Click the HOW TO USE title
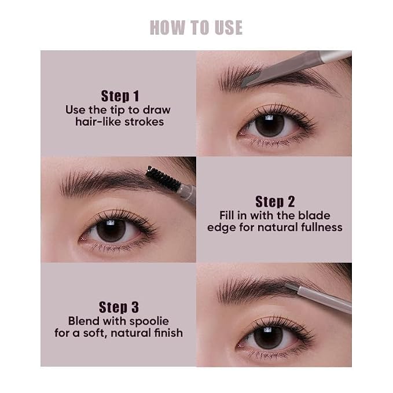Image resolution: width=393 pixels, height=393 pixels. tap(196, 28)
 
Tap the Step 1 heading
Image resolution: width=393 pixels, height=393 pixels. tap(120, 96)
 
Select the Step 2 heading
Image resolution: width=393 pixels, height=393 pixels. tap(275, 202)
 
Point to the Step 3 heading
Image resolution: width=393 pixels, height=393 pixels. tap(119, 307)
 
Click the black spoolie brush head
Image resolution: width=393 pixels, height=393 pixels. tap(163, 178)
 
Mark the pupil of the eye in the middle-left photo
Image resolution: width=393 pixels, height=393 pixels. tap(111, 230)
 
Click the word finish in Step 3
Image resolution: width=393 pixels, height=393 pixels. tap(168, 333)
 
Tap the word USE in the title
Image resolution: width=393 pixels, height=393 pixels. tap(229, 28)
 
